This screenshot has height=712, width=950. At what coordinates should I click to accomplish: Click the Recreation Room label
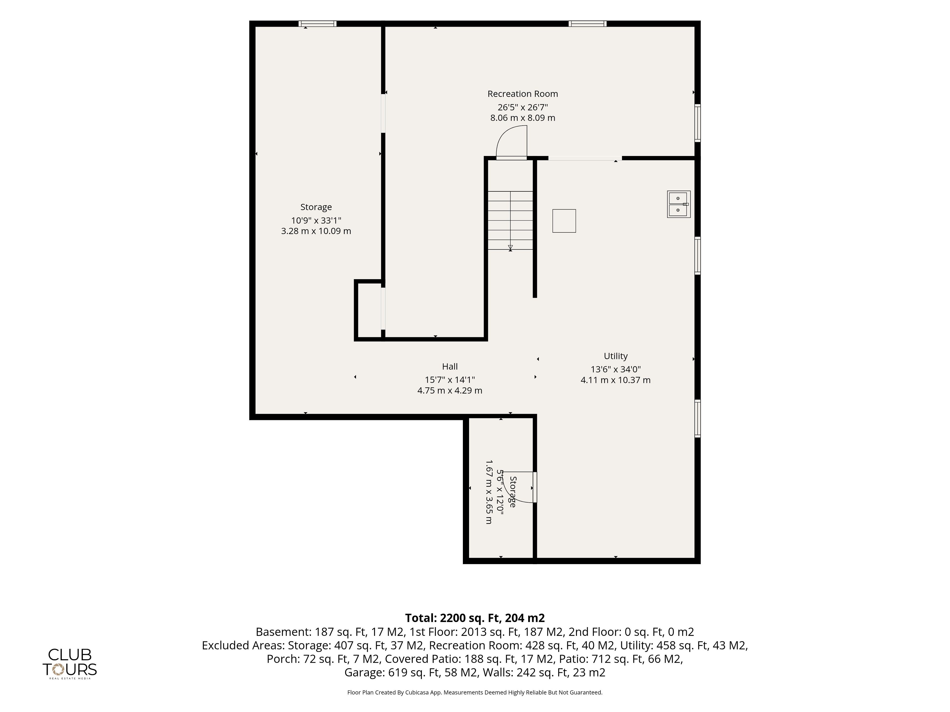[x=523, y=93]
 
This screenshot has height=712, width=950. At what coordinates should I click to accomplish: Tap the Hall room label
[x=450, y=367]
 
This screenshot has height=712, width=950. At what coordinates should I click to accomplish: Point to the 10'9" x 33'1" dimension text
[x=316, y=221]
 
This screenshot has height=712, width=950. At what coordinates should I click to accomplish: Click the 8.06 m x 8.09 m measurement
[x=523, y=118]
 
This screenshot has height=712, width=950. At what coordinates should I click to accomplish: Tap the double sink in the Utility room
[x=679, y=204]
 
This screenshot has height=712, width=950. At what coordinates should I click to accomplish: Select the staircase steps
[x=510, y=221]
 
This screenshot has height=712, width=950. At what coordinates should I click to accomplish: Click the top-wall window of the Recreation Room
[x=588, y=23]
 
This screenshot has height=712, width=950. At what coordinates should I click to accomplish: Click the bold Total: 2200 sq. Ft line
[x=475, y=618]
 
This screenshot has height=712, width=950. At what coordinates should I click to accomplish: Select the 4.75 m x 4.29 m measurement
[x=450, y=391]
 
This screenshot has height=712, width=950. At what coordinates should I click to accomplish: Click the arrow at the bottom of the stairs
[x=510, y=248]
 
